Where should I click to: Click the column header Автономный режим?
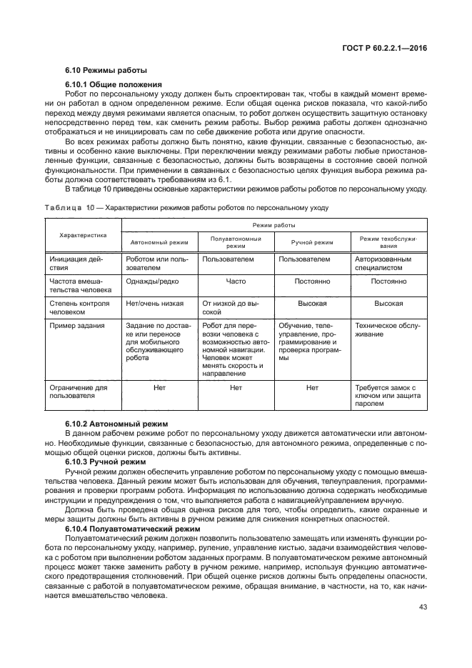(159, 242)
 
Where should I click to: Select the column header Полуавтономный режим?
(236, 242)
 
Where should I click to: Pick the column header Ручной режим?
(312, 242)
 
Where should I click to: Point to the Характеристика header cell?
(83, 234)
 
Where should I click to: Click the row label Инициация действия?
(73, 264)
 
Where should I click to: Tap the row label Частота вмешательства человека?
(80, 286)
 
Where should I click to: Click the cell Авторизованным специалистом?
(383, 264)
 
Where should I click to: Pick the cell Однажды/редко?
(152, 281)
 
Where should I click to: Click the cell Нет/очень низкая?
(154, 304)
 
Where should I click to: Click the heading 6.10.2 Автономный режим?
(116, 424)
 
